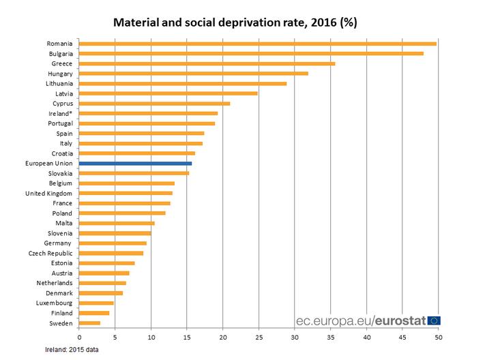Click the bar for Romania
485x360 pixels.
pyautogui.click(x=258, y=44)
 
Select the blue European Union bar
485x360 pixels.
pyautogui.click(x=135, y=164)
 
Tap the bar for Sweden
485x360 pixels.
pyautogui.click(x=89, y=322)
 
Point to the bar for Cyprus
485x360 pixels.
pyautogui.click(x=154, y=104)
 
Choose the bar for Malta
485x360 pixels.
pyautogui.click(x=117, y=223)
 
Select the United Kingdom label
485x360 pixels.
pyautogui.click(x=50, y=193)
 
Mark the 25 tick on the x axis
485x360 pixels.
pyautogui.click(x=259, y=336)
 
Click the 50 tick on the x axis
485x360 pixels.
pyautogui.click(x=439, y=336)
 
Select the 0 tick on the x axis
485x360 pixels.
pyautogui.click(x=79, y=336)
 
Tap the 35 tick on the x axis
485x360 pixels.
pyautogui.click(x=331, y=336)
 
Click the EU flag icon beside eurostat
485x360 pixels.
pyautogui.click(x=433, y=320)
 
